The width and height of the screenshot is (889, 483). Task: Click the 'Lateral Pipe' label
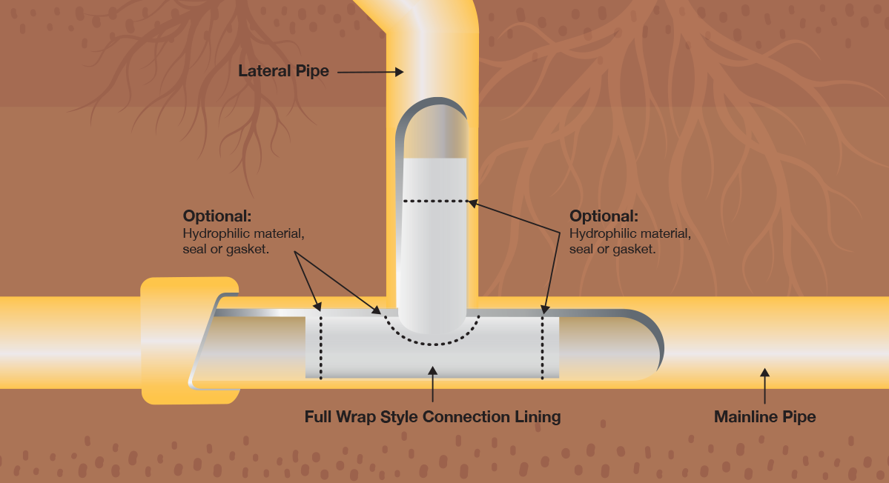pos(283,72)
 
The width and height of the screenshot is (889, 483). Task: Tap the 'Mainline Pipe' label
pos(764,417)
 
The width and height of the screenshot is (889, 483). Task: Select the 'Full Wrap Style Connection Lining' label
pos(432,417)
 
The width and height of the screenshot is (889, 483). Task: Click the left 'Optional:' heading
pos(217,217)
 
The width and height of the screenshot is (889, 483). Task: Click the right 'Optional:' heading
pos(604,217)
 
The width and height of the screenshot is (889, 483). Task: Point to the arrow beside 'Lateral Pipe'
pos(371,72)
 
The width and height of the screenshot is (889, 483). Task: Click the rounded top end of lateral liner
pos(434,126)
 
